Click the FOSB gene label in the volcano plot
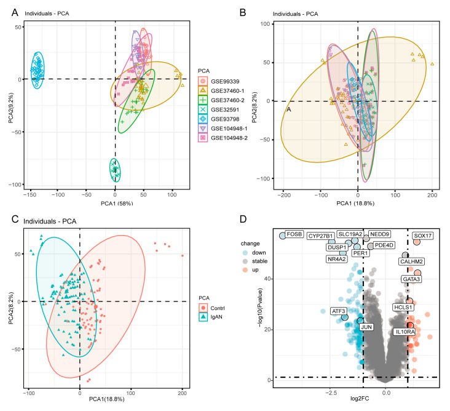(x=294, y=234)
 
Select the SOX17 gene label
(x=423, y=236)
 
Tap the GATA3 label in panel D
(x=411, y=279)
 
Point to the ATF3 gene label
(x=338, y=311)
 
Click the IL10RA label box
(x=405, y=332)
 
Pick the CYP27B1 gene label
(x=320, y=236)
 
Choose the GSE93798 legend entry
(x=223, y=119)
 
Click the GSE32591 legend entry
(x=223, y=110)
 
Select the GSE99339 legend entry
(x=223, y=82)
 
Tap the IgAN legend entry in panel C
(x=211, y=317)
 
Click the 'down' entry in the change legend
(x=255, y=253)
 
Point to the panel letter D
(x=243, y=219)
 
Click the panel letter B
(x=243, y=12)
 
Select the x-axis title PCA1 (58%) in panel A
(x=117, y=203)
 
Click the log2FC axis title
(x=360, y=398)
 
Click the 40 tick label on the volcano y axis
(x=267, y=279)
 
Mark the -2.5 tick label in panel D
(x=331, y=393)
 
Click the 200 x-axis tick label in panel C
(x=182, y=393)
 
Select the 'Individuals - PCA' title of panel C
(x=50, y=221)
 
